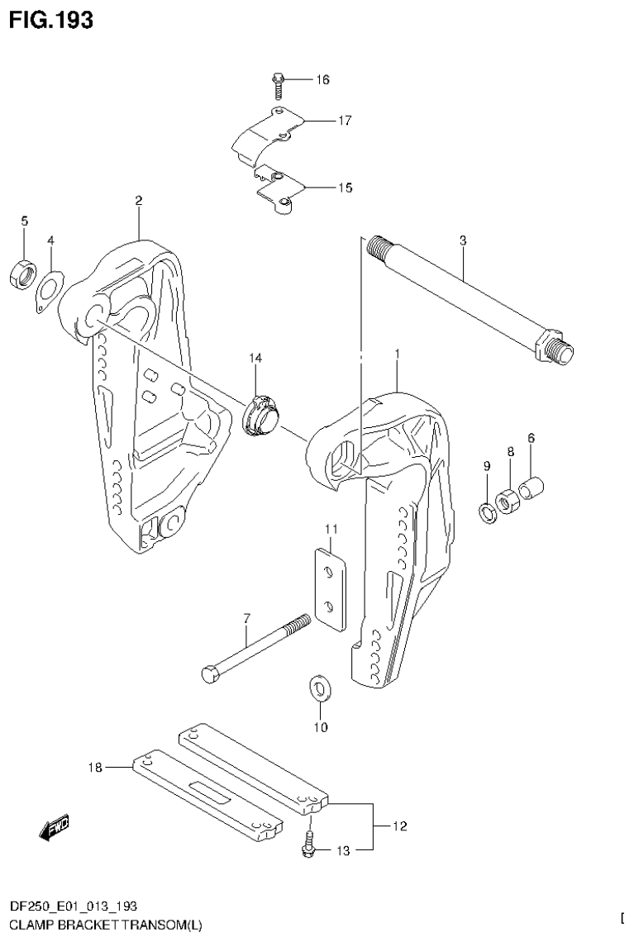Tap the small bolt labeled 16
pyautogui.click(x=279, y=83)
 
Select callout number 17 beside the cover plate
pyautogui.click(x=345, y=121)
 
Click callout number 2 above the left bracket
pyautogui.click(x=138, y=201)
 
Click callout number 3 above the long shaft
pyautogui.click(x=463, y=241)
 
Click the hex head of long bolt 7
pyautogui.click(x=210, y=673)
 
